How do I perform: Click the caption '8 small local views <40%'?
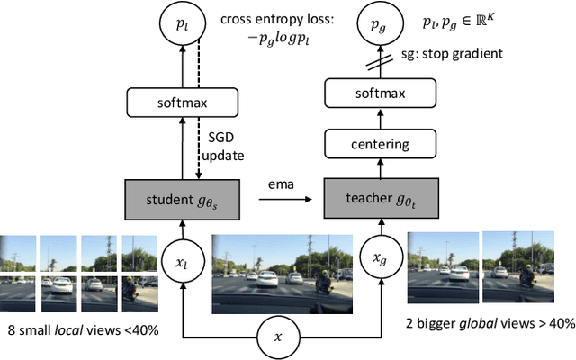click(x=82, y=330)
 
